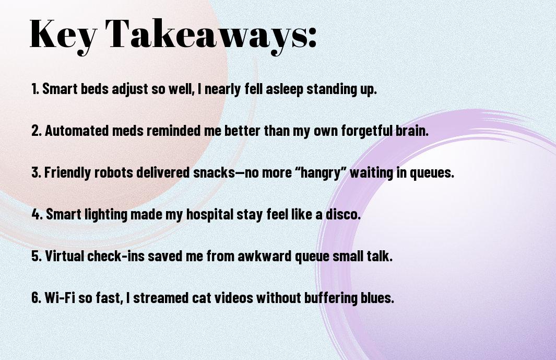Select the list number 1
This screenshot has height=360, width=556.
[35, 89]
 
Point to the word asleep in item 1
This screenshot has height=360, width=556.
[285, 89]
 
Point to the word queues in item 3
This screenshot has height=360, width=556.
[432, 173]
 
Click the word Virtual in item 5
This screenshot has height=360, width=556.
[64, 256]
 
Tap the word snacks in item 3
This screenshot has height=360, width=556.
[214, 172]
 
